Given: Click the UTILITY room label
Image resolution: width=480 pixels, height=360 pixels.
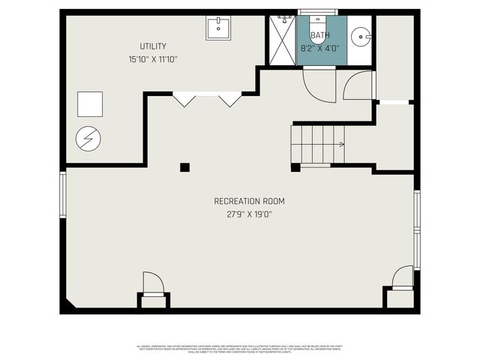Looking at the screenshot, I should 152,46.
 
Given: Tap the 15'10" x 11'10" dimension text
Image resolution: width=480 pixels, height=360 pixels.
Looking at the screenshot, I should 152,59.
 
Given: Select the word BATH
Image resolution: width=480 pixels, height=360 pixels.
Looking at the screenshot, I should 320,35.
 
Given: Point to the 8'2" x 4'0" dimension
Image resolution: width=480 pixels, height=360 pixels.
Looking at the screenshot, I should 320,47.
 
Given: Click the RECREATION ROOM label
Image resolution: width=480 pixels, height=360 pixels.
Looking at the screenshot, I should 249,201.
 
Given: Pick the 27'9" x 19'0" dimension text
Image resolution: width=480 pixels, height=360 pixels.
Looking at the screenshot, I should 249,214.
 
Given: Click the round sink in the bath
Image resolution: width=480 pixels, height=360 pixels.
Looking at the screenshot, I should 361,34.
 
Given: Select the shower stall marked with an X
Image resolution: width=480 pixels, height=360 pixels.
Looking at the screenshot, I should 282,40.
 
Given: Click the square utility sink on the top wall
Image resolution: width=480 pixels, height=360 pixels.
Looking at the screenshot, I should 219,28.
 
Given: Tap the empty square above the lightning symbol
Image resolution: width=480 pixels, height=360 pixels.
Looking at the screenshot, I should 90,103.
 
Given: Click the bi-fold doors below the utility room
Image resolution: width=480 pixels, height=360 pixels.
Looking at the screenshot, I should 207,98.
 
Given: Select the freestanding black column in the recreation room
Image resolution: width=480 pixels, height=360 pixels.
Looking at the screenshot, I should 184,167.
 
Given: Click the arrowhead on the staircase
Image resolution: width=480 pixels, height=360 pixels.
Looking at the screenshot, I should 341,144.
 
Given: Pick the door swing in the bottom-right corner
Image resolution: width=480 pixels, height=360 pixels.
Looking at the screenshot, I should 403,277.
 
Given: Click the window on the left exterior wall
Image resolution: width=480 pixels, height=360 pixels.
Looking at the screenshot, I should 64,193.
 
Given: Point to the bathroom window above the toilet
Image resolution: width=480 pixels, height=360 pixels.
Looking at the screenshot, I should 318,12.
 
